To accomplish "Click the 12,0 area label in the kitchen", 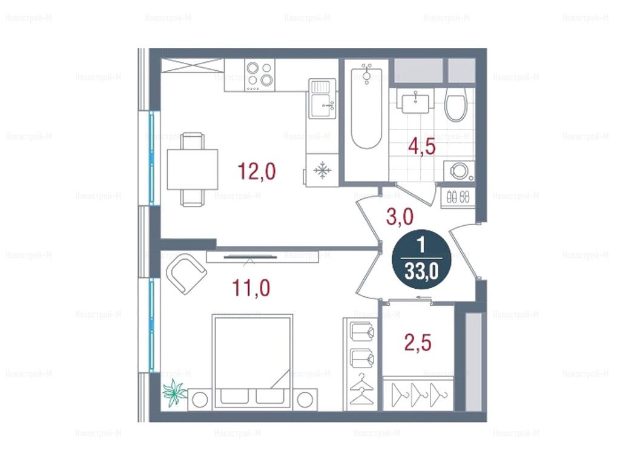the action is pos(256,171).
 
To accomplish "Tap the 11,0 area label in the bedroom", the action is pos(251,288).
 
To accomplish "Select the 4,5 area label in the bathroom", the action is pos(422,147).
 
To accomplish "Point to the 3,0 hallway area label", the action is pos(400,217).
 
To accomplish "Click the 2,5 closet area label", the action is pos(418,343).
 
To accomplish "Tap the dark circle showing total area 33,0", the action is pos(421,259).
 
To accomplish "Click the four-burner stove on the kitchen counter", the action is pos(260,74).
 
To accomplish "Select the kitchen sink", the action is pos(322,99).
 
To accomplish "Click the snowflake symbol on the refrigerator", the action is pos(322,170).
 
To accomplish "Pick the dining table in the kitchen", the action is pos(193,170).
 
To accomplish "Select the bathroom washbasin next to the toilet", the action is pos(415,102).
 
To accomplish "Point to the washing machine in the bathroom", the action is pos(460,171).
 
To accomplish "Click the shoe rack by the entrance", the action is pos(458,196).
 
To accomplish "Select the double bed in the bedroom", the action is pos(252,362).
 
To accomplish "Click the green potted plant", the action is pos(174,392).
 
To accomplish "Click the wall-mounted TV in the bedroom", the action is pos(249,257).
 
